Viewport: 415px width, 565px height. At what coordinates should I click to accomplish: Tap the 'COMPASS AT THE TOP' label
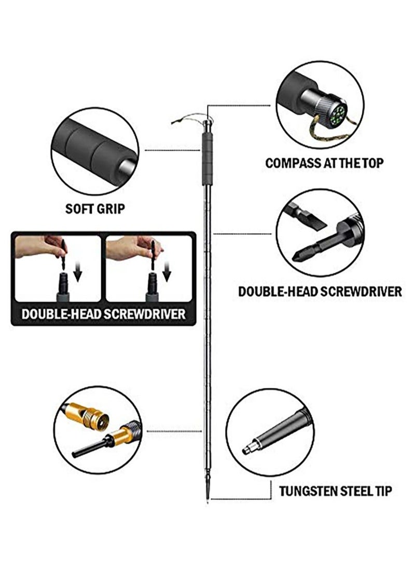tap(324, 163)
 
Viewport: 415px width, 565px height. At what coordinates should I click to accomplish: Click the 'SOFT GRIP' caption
tap(95, 209)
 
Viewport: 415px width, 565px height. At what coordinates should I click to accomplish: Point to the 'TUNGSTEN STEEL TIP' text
tap(335, 490)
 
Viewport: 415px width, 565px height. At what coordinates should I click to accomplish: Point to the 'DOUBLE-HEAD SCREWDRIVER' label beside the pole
tap(320, 291)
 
